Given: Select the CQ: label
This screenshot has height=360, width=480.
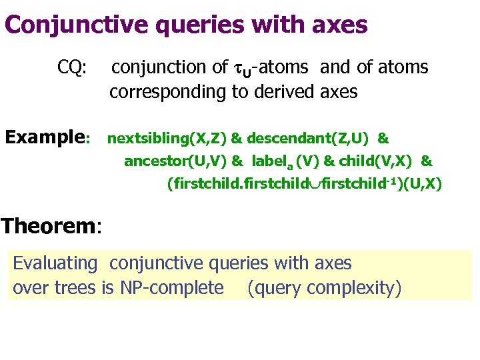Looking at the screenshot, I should pyautogui.click(x=71, y=67).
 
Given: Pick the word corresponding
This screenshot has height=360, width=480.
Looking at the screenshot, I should pyautogui.click(x=168, y=92).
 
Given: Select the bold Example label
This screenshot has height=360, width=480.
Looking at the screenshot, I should pyautogui.click(x=47, y=138).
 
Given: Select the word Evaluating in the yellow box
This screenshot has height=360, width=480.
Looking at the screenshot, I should pyautogui.click(x=55, y=263).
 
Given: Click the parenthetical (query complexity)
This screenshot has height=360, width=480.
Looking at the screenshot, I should pyautogui.click(x=324, y=287).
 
